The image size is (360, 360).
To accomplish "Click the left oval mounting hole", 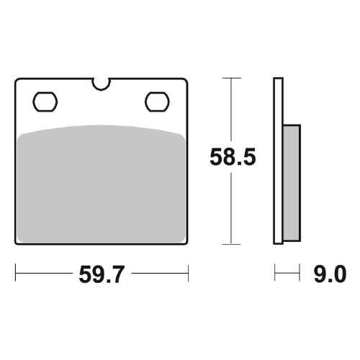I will (x=45, y=100).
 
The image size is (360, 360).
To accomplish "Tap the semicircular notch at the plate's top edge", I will (x=102, y=84).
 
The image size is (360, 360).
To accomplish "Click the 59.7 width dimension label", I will (x=102, y=274).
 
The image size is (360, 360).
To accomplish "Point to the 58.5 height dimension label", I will (x=232, y=158).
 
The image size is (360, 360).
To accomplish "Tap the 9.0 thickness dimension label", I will (x=330, y=274).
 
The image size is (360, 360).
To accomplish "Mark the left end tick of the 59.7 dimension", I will (x=16, y=274).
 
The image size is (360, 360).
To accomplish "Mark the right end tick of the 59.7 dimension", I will (x=188, y=274).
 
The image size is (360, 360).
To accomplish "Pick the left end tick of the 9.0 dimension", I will (x=274, y=274).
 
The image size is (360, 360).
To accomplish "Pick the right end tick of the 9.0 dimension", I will (x=298, y=274).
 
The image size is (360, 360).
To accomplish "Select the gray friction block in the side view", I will (x=289, y=183).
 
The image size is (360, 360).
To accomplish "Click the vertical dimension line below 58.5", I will (x=230, y=209).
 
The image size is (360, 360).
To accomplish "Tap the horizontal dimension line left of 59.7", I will (x=43, y=274).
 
